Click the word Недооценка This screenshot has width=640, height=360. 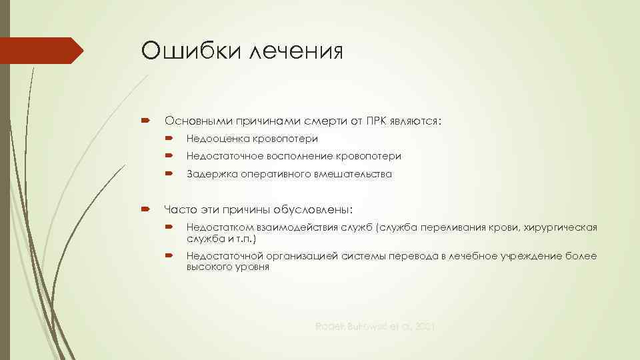tap(218, 139)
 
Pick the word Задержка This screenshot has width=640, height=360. tap(210, 174)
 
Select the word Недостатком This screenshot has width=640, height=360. tap(221, 228)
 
